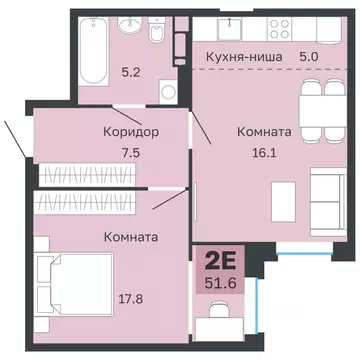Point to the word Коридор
pos(130,132)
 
